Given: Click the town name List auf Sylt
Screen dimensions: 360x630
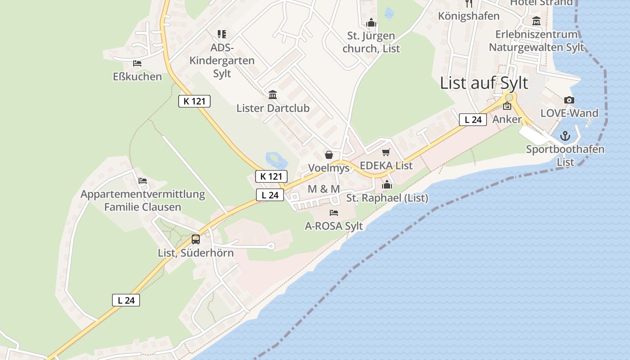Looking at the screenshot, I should pyautogui.click(x=484, y=83).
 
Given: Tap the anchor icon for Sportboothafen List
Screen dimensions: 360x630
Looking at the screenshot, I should pyautogui.click(x=565, y=136).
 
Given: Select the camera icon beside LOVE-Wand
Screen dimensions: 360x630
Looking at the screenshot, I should pyautogui.click(x=569, y=100).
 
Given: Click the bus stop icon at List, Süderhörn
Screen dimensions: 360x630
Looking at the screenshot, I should pyautogui.click(x=196, y=239).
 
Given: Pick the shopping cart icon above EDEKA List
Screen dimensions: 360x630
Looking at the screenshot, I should pyautogui.click(x=386, y=153).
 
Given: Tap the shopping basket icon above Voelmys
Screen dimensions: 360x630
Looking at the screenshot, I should pyautogui.click(x=329, y=155).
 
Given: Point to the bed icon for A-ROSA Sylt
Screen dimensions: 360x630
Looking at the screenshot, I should pyautogui.click(x=333, y=212).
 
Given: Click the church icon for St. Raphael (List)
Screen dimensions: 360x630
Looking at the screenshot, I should pyautogui.click(x=387, y=184).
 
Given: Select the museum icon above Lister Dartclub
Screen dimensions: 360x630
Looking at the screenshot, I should pyautogui.click(x=273, y=95).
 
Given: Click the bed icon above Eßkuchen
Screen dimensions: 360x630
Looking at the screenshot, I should pyautogui.click(x=137, y=63).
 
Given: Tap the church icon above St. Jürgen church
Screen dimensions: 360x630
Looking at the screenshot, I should pyautogui.click(x=371, y=22).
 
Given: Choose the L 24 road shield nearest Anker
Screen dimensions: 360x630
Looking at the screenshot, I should pyautogui.click(x=473, y=120).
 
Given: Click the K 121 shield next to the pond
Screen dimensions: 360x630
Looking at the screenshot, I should pyautogui.click(x=271, y=176).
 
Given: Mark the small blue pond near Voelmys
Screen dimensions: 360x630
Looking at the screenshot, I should pyautogui.click(x=275, y=159).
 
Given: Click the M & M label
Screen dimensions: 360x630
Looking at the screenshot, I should pyautogui.click(x=324, y=189).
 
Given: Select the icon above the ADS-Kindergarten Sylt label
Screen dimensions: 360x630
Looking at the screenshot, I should pyautogui.click(x=221, y=34).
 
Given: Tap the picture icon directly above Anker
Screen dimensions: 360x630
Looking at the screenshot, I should pyautogui.click(x=507, y=106).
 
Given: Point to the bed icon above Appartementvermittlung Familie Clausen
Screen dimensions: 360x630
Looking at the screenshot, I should pyautogui.click(x=143, y=181).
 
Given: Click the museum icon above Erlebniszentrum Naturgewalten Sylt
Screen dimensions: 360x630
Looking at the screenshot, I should pyautogui.click(x=536, y=21).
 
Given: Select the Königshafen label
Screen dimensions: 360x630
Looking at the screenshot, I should pyautogui.click(x=469, y=16).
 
